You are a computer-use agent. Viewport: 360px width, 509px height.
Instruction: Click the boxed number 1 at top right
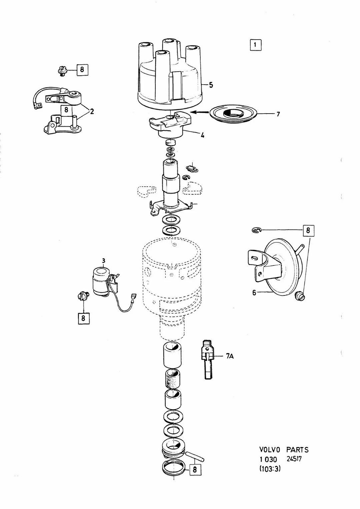(x=255, y=45)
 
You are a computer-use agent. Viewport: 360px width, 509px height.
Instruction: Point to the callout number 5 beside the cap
(x=211, y=85)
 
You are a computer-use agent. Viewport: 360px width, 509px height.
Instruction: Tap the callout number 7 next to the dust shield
(x=278, y=114)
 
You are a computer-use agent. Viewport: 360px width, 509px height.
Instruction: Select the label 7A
(x=230, y=356)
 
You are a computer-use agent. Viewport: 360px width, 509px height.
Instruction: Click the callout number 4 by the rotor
(x=202, y=135)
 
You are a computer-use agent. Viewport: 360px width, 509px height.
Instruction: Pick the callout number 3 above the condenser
(x=103, y=260)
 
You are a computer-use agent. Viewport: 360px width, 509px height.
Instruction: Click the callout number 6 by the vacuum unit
(x=254, y=292)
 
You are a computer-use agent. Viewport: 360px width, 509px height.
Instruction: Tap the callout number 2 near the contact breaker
(x=92, y=111)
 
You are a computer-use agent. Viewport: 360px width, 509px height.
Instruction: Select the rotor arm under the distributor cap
(x=170, y=125)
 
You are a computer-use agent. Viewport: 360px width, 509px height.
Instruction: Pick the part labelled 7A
(x=207, y=359)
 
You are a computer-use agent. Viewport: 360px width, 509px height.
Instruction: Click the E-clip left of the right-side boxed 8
(x=257, y=231)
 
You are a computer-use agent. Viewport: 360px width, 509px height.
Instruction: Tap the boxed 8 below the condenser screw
(x=83, y=318)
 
